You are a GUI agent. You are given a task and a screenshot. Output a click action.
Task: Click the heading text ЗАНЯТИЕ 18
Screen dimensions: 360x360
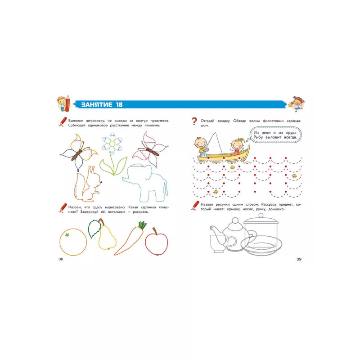102,105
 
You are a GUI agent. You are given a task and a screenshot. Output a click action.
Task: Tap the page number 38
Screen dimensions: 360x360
61,259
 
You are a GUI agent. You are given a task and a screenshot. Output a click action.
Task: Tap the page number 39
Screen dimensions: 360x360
299,259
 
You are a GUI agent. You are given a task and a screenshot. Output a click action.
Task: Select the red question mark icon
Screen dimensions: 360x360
194,121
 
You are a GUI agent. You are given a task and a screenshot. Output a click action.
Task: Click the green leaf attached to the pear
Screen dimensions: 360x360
94,229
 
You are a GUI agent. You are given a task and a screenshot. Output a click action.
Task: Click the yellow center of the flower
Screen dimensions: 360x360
112,144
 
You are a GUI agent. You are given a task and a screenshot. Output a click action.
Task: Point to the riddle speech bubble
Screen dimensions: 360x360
275,135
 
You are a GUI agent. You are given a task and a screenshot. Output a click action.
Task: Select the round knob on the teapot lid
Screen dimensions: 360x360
235,221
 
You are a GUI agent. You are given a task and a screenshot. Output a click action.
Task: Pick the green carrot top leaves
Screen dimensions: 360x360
142,225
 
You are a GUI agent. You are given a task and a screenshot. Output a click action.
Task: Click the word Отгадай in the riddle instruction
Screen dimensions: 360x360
207,121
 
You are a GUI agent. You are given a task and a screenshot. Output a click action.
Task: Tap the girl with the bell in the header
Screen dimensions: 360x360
297,104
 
